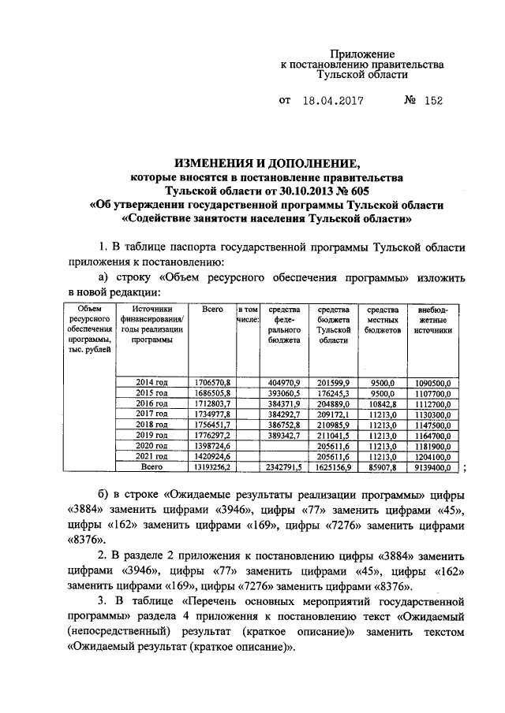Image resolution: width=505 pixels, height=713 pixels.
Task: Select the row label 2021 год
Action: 152,456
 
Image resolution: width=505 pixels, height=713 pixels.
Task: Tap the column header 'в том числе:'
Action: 249,316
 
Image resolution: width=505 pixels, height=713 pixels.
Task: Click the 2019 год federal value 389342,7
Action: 282,435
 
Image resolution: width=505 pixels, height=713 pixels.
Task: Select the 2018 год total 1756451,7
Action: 211,424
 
